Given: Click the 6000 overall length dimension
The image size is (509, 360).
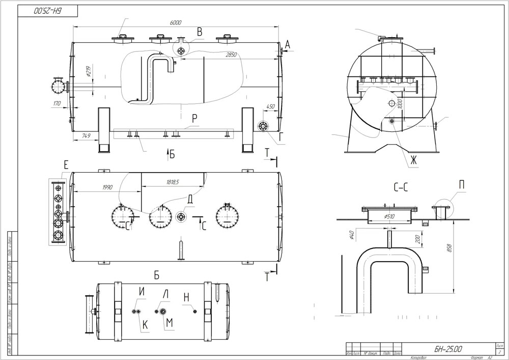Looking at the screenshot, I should pos(177,23).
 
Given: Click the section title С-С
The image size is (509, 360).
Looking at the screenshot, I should pos(401,188).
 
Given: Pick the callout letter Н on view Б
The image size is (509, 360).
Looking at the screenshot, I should pos(187,296).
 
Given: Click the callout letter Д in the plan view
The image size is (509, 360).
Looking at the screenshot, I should pos(189,200).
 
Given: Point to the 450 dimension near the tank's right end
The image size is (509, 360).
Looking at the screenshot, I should pos(270,107).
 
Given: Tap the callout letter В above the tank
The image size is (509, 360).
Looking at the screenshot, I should pos(200,32).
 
